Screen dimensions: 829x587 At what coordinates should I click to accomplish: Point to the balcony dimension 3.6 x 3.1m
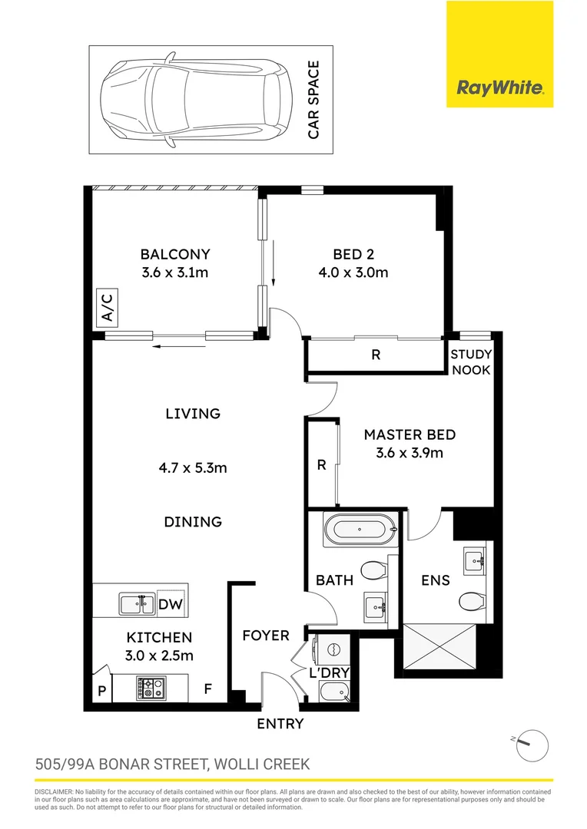click(174, 272)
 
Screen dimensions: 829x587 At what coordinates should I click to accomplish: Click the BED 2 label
click(353, 254)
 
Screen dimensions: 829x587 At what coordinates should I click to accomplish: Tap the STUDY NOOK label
click(470, 362)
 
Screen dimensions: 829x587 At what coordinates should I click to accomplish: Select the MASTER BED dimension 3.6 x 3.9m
click(410, 453)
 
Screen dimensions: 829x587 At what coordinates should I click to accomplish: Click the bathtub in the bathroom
click(360, 529)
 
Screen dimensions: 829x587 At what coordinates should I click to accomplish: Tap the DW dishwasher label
click(171, 605)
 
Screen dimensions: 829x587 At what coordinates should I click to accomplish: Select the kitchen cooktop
click(151, 687)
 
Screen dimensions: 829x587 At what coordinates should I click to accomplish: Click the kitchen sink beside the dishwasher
click(136, 605)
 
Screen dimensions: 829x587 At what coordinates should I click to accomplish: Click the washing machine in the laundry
click(335, 649)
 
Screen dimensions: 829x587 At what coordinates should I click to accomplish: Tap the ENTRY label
click(280, 724)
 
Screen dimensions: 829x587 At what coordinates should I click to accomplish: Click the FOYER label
click(266, 636)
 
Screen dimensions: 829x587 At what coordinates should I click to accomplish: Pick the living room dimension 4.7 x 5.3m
click(193, 467)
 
